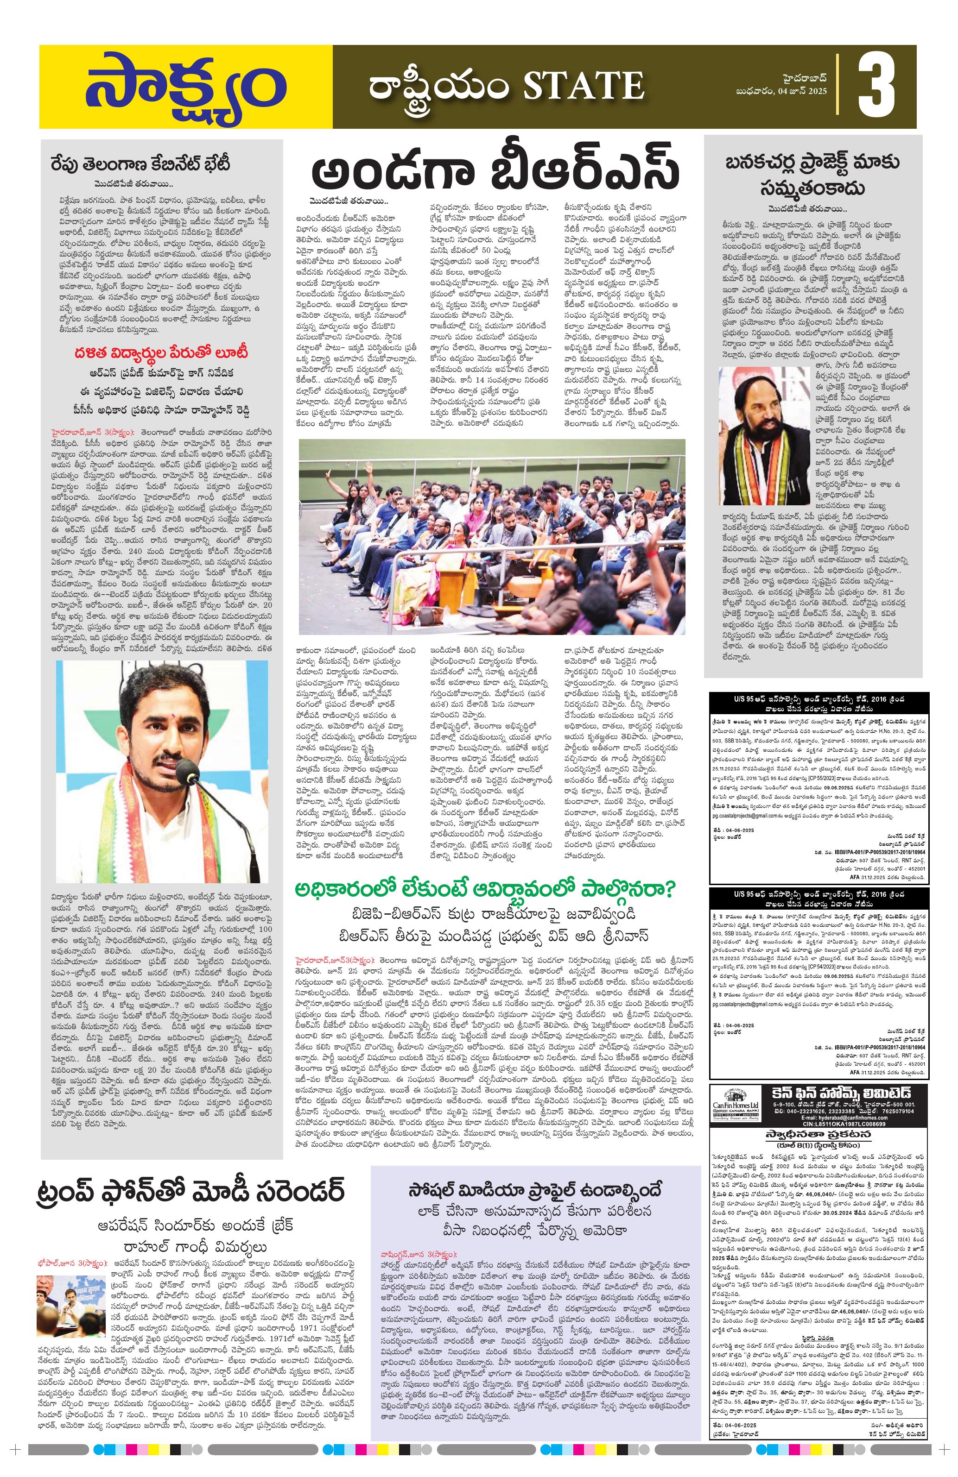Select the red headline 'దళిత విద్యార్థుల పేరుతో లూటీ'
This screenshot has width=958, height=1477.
(160, 353)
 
